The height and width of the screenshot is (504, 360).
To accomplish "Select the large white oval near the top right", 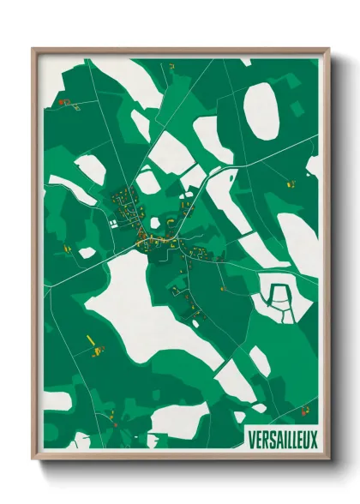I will (x=262, y=111).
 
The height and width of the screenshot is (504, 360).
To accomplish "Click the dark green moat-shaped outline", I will (x=279, y=297).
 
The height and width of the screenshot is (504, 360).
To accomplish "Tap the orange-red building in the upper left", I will (x=63, y=102).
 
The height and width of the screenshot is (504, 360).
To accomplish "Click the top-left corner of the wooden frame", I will (x=33, y=49).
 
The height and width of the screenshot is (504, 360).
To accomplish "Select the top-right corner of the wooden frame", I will (x=328, y=49).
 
